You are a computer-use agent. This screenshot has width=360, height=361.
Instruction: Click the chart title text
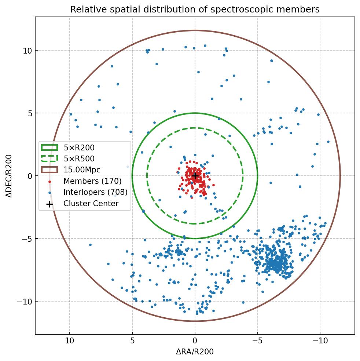click(x=195, y=10)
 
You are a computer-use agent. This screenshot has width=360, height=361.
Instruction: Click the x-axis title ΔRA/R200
click(x=195, y=352)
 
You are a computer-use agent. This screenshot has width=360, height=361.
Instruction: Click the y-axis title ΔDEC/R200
click(x=9, y=176)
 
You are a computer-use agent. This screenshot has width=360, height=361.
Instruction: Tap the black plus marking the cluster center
click(x=195, y=176)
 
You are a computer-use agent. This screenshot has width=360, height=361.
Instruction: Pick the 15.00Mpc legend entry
click(x=82, y=170)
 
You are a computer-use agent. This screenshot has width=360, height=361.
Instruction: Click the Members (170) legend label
click(x=92, y=181)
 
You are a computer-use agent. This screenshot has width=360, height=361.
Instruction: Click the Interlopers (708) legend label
click(x=95, y=192)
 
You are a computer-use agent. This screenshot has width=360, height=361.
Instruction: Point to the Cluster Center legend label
click(x=91, y=203)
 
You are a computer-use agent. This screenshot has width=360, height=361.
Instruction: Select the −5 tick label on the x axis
click(x=257, y=340)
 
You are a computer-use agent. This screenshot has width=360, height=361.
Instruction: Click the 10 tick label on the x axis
click(x=70, y=340)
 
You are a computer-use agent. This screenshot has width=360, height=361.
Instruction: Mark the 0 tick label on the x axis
click(x=195, y=340)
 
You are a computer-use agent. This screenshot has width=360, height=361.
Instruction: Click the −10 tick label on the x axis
click(x=320, y=340)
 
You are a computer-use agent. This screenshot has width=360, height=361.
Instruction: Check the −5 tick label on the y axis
click(x=26, y=238)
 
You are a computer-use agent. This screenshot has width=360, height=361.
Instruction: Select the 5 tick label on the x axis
click(x=132, y=340)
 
